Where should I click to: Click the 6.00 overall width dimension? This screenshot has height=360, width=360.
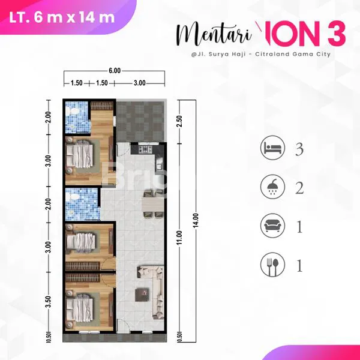coord(114,71)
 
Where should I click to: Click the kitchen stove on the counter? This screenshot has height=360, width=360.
coord(145,148)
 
